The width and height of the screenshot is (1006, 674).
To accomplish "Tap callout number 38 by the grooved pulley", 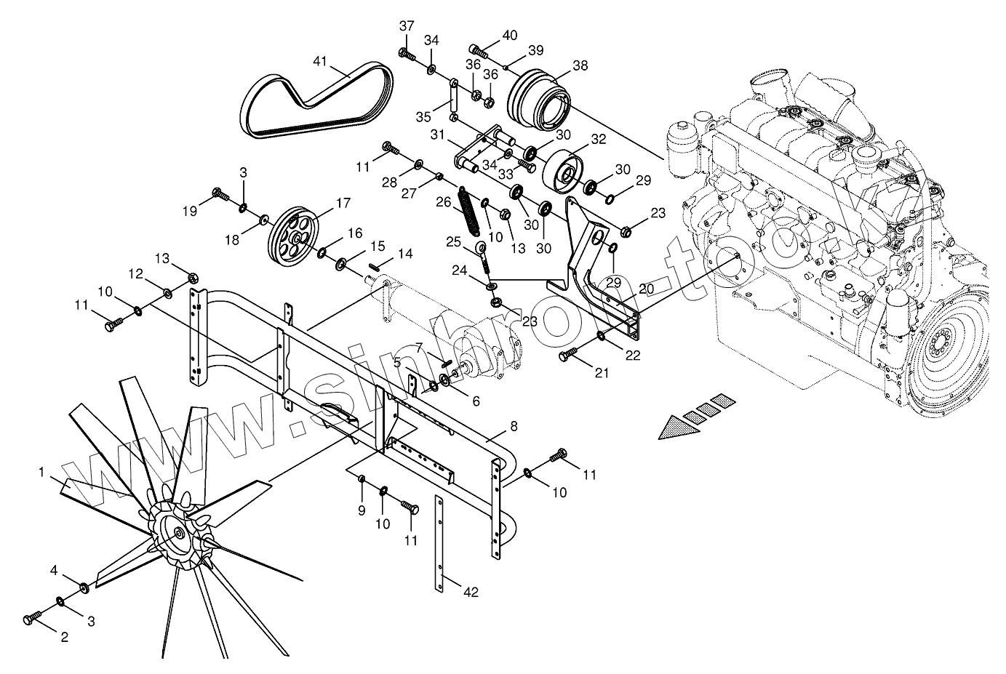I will (x=580, y=65).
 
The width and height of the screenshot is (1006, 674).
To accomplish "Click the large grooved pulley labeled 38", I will (x=541, y=98).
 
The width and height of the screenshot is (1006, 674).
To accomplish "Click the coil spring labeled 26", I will (x=468, y=211).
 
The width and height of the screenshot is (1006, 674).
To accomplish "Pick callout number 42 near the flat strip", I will (x=471, y=592).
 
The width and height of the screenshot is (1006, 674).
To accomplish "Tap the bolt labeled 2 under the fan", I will (x=33, y=618).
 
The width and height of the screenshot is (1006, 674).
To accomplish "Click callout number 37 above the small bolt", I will (x=407, y=26).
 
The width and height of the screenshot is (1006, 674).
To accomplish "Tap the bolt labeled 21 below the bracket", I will (x=567, y=356).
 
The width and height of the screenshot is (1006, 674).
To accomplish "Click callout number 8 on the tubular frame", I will (x=514, y=427).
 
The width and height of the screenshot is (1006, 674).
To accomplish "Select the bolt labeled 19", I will (x=219, y=193).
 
